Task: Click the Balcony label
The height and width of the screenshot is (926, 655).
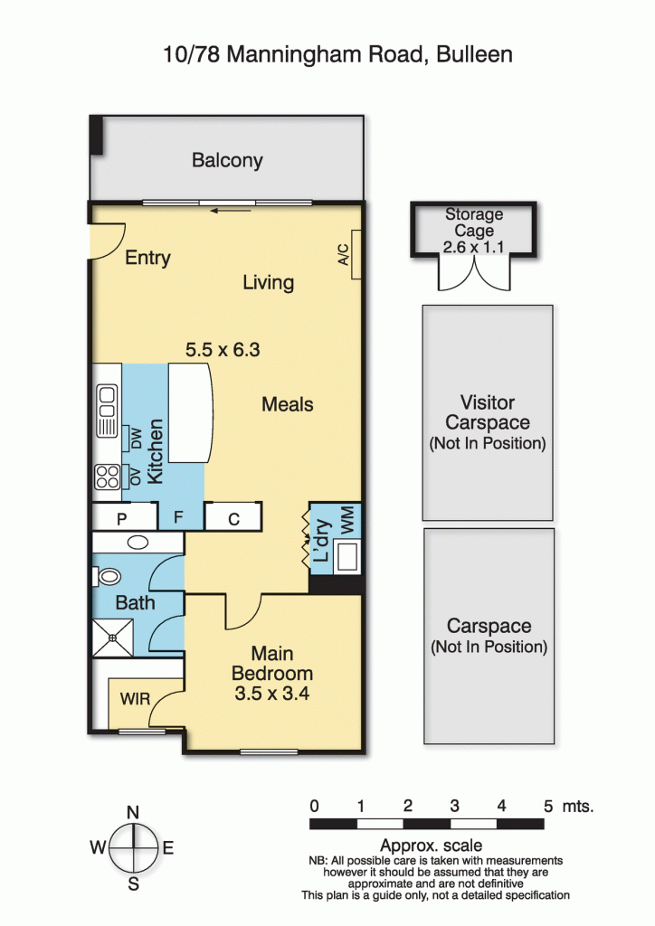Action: (x=227, y=161)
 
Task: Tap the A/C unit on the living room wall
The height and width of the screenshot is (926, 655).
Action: (x=356, y=254)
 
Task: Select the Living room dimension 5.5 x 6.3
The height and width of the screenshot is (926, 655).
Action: (x=223, y=350)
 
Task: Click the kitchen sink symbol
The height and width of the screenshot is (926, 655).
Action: (x=107, y=411)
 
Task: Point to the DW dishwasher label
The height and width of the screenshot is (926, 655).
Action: (x=137, y=439)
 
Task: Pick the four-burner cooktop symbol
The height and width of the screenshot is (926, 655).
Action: (x=108, y=477)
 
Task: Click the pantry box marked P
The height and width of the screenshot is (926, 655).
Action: (x=125, y=517)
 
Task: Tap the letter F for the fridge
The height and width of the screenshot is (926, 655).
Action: (x=178, y=517)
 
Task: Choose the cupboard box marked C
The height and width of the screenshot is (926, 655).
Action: (x=233, y=517)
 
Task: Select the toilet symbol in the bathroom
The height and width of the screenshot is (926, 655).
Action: (x=107, y=576)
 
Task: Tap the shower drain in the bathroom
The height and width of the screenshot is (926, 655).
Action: (x=112, y=638)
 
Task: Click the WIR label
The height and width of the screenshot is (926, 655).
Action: (x=135, y=699)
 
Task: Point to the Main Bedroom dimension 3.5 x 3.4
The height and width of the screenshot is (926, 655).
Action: (x=271, y=694)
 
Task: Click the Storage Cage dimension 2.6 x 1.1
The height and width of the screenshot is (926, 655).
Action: (x=474, y=247)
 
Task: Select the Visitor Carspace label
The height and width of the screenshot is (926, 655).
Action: (x=488, y=412)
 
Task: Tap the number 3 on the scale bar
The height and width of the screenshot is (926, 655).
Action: (x=454, y=806)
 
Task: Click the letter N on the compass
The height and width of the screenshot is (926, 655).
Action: (x=134, y=812)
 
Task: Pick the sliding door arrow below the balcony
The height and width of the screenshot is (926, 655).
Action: (x=231, y=210)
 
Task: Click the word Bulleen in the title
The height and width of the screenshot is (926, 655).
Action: (x=474, y=54)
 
